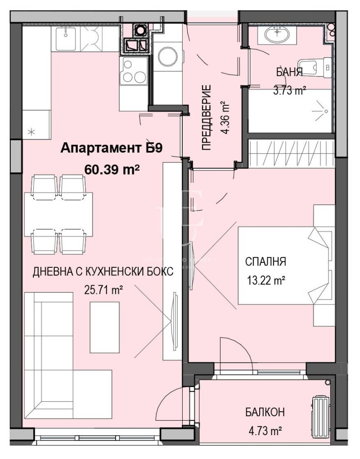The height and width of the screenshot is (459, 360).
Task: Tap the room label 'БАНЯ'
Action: coord(289,72)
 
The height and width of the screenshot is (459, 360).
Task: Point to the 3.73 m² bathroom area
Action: coord(289,90)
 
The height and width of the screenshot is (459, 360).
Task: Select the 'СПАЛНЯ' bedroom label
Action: coord(265,262)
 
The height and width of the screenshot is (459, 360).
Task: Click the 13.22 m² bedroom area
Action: coord(266,281)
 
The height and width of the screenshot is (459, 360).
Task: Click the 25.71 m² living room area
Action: coord(104,290)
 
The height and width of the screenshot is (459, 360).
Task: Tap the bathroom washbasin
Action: coord(277,34)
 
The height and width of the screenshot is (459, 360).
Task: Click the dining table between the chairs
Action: coord(59,214)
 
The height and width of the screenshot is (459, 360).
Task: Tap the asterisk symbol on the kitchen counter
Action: coord(31,132)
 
